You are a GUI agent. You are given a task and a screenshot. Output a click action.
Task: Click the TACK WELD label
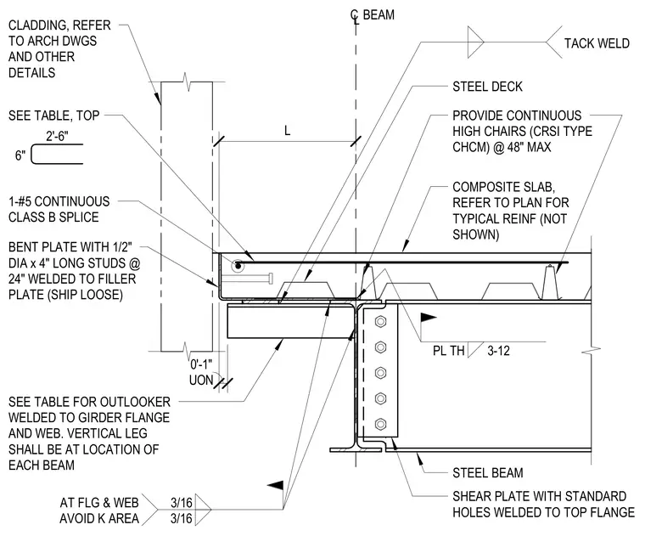click(597, 43)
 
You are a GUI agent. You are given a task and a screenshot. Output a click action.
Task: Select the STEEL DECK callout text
click(487, 87)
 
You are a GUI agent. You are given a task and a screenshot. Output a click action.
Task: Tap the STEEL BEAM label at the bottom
click(488, 472)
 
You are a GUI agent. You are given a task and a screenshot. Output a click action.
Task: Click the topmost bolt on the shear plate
click(380, 321)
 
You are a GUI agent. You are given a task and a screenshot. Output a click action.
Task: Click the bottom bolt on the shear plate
click(380, 424)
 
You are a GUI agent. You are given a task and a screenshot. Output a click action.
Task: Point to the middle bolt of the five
click(380, 373)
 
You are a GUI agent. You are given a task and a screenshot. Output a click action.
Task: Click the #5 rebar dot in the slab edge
click(238, 266)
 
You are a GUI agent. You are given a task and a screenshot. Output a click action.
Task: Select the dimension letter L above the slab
click(287, 131)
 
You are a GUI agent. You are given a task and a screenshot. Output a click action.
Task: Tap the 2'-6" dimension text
click(57, 136)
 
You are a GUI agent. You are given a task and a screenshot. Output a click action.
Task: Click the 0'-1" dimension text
click(201, 364)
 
